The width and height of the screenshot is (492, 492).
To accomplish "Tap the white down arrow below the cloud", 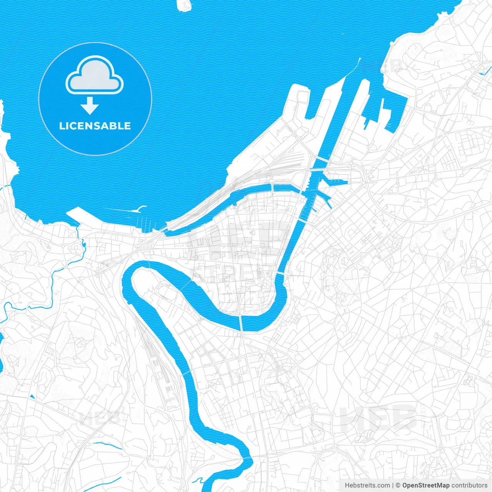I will (90, 106).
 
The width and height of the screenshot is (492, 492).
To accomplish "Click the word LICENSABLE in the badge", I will (95, 126).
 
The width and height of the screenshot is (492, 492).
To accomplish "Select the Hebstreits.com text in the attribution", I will (367, 485).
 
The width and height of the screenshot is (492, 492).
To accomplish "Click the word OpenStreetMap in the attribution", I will (426, 485).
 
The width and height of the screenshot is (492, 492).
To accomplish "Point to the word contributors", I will (469, 485).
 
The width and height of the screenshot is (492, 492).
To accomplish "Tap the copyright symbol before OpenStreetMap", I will (398, 485).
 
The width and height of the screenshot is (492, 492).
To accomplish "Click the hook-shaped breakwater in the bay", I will (138, 209).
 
